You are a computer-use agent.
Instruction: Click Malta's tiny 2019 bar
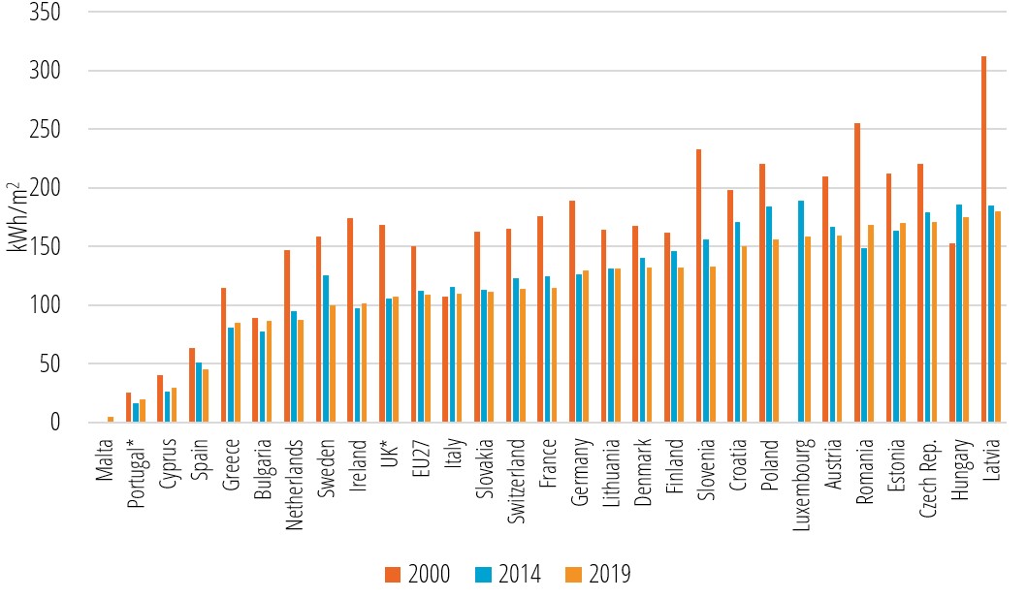click(x=111, y=420)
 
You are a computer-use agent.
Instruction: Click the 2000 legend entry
click(x=417, y=575)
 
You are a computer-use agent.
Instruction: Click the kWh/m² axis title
click(x=16, y=217)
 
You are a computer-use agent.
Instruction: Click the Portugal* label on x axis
click(x=136, y=473)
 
